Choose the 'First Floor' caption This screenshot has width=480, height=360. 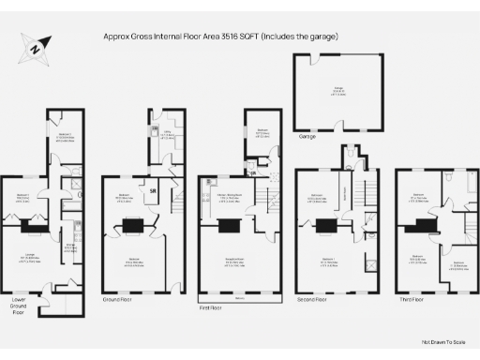point(212,307)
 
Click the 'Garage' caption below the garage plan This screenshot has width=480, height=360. point(307,135)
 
